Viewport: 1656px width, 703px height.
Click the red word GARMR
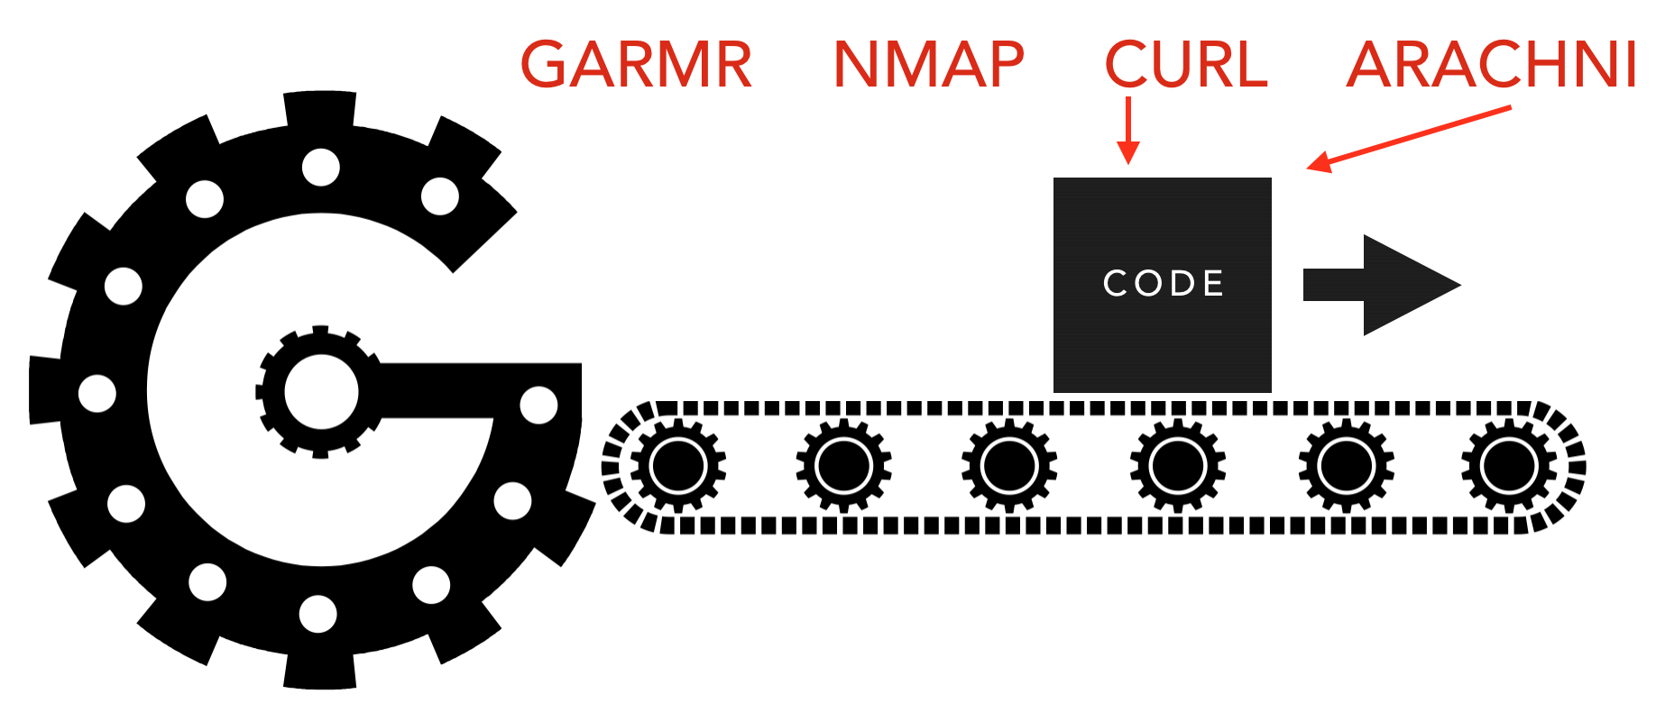tap(636, 65)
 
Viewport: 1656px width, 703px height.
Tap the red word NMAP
tap(928, 65)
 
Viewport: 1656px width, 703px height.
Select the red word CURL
tap(1186, 65)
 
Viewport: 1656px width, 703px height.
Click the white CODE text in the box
tap(1164, 283)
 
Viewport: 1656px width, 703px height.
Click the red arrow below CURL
tap(1127, 131)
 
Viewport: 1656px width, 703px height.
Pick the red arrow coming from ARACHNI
tap(1407, 137)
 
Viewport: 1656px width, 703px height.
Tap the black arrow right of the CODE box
tap(1381, 285)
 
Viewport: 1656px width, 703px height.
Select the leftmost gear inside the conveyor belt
tap(678, 466)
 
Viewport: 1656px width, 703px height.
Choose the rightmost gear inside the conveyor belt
tap(1509, 466)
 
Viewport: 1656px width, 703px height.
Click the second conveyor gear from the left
tap(843, 466)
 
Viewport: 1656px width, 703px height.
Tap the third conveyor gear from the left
tap(1009, 466)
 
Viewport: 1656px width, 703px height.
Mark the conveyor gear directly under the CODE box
tap(1177, 466)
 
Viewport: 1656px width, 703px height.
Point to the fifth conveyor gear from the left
tap(1346, 466)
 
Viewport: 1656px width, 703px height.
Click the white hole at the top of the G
tap(321, 167)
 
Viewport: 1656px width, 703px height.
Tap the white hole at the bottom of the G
tap(317, 614)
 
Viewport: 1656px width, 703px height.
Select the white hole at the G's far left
tap(97, 393)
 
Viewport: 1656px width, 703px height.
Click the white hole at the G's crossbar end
tap(539, 405)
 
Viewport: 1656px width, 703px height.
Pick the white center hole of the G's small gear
tap(320, 392)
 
